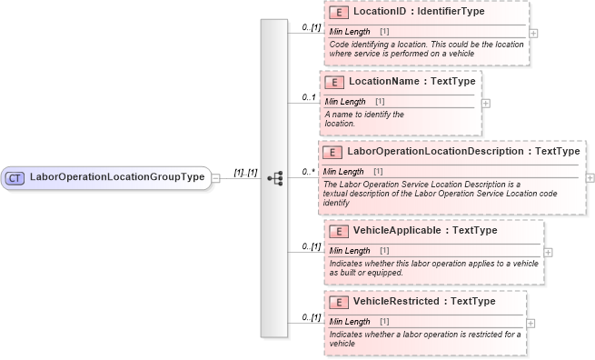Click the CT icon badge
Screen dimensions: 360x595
(15, 177)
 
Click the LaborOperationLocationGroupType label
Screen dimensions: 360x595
(117, 176)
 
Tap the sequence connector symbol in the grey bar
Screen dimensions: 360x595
(274, 178)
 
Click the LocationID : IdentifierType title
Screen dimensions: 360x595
(419, 13)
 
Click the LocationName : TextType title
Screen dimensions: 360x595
(407, 82)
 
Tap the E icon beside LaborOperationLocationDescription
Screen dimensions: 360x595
(332, 152)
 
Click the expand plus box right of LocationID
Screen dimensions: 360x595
(533, 33)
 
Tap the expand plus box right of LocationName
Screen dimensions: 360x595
(486, 103)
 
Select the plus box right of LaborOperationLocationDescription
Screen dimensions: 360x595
(590, 178)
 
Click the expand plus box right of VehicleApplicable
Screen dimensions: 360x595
(548, 252)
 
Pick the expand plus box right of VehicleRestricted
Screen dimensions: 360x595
(531, 323)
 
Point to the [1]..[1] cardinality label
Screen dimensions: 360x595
(245, 172)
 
